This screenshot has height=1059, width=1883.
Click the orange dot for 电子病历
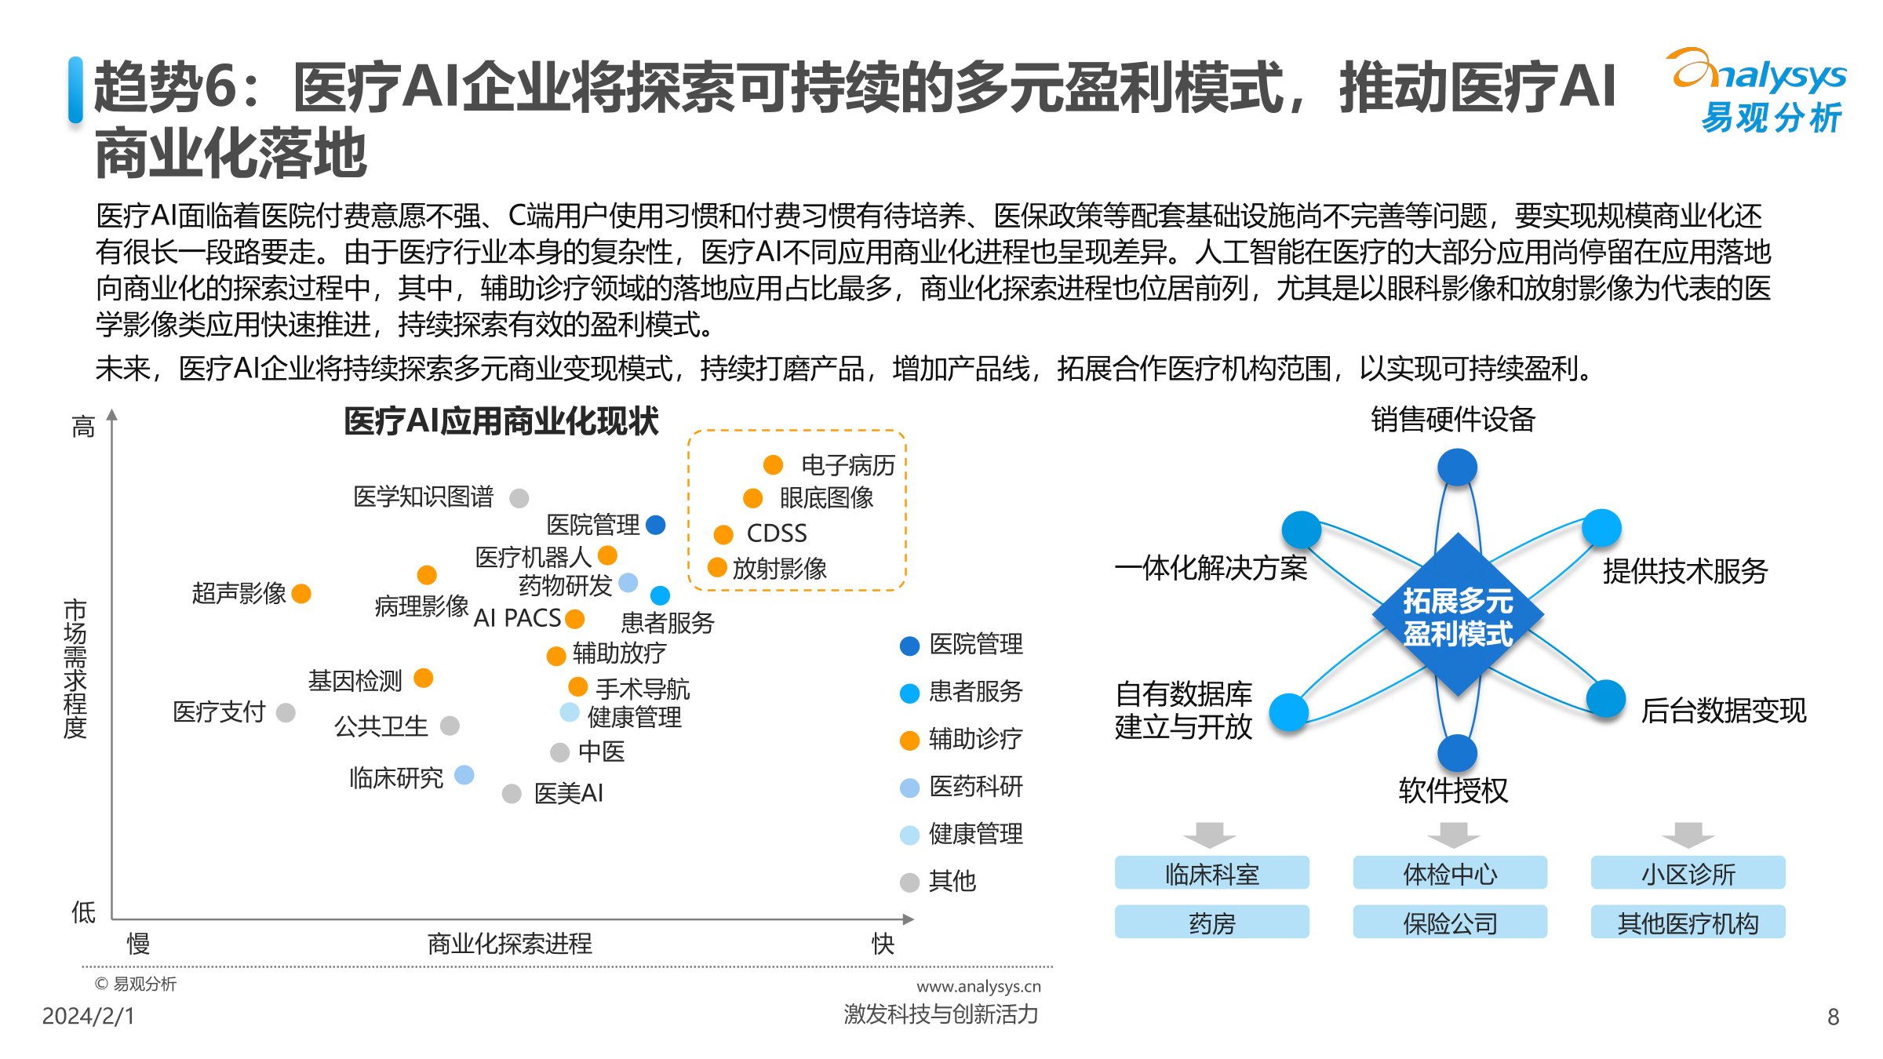click(x=773, y=465)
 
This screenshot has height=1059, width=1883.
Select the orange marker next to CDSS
click(x=723, y=534)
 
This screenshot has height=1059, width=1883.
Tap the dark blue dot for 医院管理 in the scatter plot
click(x=656, y=525)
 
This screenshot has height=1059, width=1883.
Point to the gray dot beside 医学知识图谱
click(x=519, y=498)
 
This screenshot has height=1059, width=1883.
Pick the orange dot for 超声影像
click(x=301, y=594)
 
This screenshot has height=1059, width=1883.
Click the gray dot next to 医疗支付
click(x=286, y=712)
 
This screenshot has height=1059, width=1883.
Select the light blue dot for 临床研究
click(x=464, y=775)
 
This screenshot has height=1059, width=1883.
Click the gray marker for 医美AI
click(x=512, y=794)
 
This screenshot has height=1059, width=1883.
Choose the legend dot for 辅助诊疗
click(x=909, y=741)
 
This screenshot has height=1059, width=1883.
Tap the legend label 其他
click(x=952, y=882)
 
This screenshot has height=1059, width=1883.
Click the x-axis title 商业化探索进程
click(x=509, y=944)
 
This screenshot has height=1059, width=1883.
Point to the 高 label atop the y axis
click(x=83, y=428)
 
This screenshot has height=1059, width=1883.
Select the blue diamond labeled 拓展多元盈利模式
click(x=1458, y=616)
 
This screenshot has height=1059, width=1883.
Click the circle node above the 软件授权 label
click(x=1457, y=754)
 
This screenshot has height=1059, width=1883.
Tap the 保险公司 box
click(x=1450, y=923)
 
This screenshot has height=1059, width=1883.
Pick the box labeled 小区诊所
click(x=1688, y=873)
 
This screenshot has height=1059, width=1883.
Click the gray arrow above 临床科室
click(x=1210, y=835)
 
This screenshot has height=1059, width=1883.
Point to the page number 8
click(x=1833, y=1017)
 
